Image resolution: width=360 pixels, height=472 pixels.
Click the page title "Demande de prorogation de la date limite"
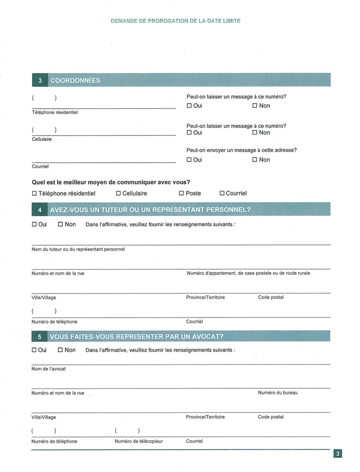(175, 21)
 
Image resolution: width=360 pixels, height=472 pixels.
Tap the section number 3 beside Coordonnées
(40, 81)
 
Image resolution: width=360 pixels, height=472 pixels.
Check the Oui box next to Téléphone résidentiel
(189, 106)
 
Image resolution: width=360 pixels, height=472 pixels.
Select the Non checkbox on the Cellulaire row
(255, 133)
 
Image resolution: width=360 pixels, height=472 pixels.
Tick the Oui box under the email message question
(189, 160)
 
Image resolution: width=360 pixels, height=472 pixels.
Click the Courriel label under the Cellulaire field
(40, 167)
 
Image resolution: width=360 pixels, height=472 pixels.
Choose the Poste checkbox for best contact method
(181, 193)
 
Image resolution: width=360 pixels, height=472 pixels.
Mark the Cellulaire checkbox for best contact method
(119, 193)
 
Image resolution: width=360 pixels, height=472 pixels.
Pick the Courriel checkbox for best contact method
(222, 193)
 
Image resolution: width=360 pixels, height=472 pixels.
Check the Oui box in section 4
(34, 225)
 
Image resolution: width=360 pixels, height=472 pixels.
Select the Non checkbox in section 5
(61, 350)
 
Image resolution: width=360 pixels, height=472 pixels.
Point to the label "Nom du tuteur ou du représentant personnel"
(78, 249)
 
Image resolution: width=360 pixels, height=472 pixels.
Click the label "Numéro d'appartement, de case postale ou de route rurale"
(248, 273)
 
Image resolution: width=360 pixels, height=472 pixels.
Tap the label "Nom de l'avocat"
(49, 368)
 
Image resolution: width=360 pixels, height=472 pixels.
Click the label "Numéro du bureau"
(278, 392)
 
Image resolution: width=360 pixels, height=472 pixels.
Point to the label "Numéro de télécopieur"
(139, 442)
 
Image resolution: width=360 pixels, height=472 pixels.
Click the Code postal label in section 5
(271, 417)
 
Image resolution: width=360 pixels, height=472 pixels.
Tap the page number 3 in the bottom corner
(338, 454)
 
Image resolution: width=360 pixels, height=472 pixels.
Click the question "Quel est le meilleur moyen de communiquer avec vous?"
(110, 182)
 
